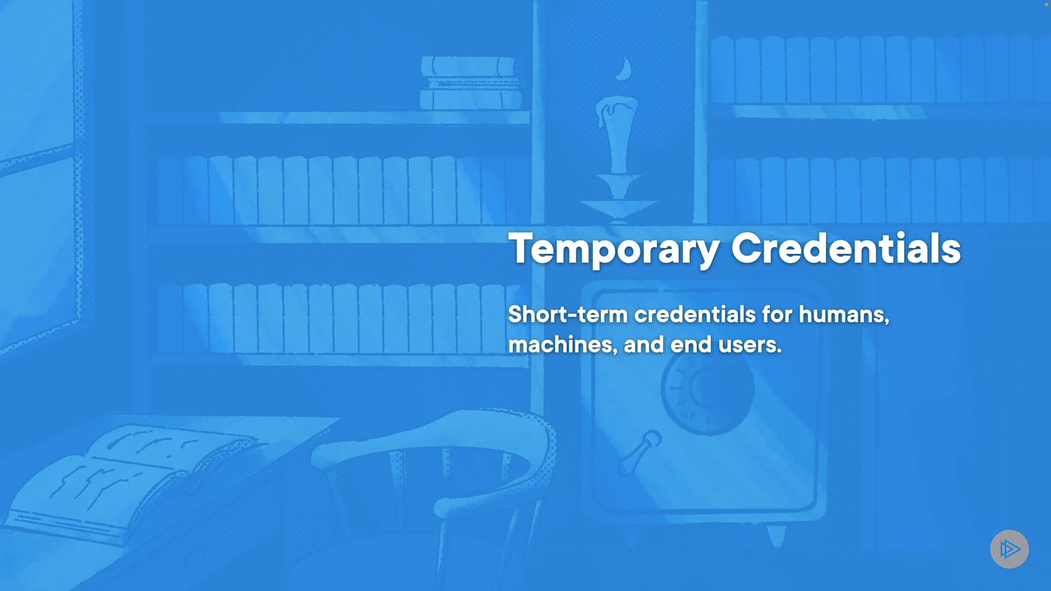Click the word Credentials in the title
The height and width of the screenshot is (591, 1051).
pyautogui.click(x=846, y=248)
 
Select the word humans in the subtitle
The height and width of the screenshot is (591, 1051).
pyautogui.click(x=844, y=315)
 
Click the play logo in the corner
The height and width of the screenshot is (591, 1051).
pyautogui.click(x=1009, y=549)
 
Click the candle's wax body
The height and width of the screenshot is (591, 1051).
pyautogui.click(x=618, y=134)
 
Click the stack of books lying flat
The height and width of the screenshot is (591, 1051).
pyautogui.click(x=471, y=83)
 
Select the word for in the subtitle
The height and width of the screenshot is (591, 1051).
pyautogui.click(x=777, y=315)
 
